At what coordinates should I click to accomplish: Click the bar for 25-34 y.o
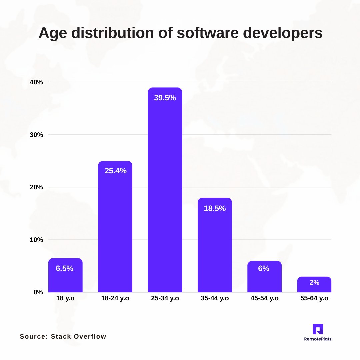coord(165,190)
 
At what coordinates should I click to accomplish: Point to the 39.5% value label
coord(165,98)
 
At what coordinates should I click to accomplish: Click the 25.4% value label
coord(115,171)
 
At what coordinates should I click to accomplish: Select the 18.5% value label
coord(215,209)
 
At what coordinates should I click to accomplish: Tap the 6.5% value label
coord(65,269)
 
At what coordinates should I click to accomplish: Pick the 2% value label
coord(314,283)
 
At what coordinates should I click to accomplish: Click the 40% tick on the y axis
coord(36,82)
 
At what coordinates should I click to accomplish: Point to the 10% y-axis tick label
coord(36,240)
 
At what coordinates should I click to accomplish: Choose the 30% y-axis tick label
coord(36,135)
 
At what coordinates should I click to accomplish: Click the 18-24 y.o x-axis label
coord(115,298)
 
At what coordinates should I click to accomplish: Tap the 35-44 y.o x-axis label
coord(215,298)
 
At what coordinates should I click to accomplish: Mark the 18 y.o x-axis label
coord(65,298)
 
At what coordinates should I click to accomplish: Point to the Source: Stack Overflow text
coord(63,336)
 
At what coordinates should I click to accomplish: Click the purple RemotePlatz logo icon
coord(318,329)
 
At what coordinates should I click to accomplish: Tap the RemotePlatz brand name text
coord(318,339)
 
